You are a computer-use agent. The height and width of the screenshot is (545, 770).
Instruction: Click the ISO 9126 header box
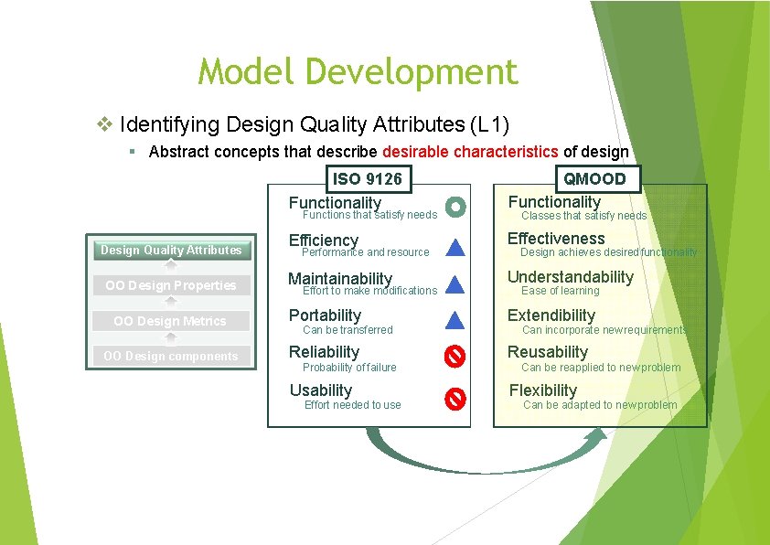pyautogui.click(x=366, y=178)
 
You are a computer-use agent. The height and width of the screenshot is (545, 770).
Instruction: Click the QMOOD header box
pyautogui.click(x=594, y=178)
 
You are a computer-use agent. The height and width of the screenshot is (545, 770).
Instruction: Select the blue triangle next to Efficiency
pyautogui.click(x=455, y=246)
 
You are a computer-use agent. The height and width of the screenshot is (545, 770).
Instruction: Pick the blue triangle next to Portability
pyautogui.click(x=455, y=320)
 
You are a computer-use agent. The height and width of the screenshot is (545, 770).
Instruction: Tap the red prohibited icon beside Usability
pyautogui.click(x=455, y=399)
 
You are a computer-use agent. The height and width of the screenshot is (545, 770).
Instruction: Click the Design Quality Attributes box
pyautogui.click(x=171, y=250)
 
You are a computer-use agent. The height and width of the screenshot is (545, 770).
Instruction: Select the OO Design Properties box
pyautogui.click(x=171, y=285)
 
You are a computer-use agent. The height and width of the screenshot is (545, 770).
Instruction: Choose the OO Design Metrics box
pyautogui.click(x=171, y=321)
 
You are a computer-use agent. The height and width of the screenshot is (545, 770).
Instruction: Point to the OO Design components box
pyautogui.click(x=171, y=356)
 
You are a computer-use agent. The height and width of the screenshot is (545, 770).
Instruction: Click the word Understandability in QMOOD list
pyautogui.click(x=570, y=277)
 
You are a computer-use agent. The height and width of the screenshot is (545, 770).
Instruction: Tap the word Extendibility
pyautogui.click(x=551, y=315)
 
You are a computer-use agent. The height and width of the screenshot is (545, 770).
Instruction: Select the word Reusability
pyautogui.click(x=548, y=352)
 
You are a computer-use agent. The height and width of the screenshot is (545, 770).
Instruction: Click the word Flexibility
pyautogui.click(x=543, y=390)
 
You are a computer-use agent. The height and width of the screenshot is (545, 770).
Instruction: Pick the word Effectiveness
pyautogui.click(x=556, y=239)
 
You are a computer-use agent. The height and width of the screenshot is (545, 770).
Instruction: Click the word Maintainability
pyautogui.click(x=340, y=279)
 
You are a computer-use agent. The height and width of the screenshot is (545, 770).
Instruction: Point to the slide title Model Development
pyautogui.click(x=358, y=71)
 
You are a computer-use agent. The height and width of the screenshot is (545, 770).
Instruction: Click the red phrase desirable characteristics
pyautogui.click(x=471, y=152)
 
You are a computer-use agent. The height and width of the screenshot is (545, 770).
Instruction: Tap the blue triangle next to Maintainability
pyautogui.click(x=455, y=283)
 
